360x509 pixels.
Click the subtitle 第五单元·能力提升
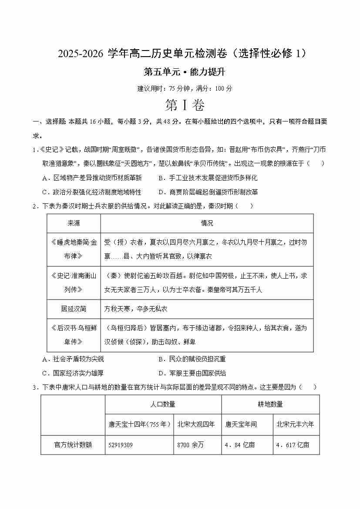click(180, 72)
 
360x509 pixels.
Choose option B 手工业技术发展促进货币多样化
click(208, 178)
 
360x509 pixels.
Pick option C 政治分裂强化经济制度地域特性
click(92, 192)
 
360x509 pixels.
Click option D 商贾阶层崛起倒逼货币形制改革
click(208, 192)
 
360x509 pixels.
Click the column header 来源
click(74, 223)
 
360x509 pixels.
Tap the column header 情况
click(207, 223)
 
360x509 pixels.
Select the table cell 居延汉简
click(74, 309)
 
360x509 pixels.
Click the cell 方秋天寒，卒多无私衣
click(136, 309)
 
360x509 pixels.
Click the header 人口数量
click(163, 404)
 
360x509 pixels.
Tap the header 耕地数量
click(270, 404)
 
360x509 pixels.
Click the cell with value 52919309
click(121, 445)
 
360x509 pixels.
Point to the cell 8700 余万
click(191, 445)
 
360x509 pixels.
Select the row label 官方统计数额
click(73, 445)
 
